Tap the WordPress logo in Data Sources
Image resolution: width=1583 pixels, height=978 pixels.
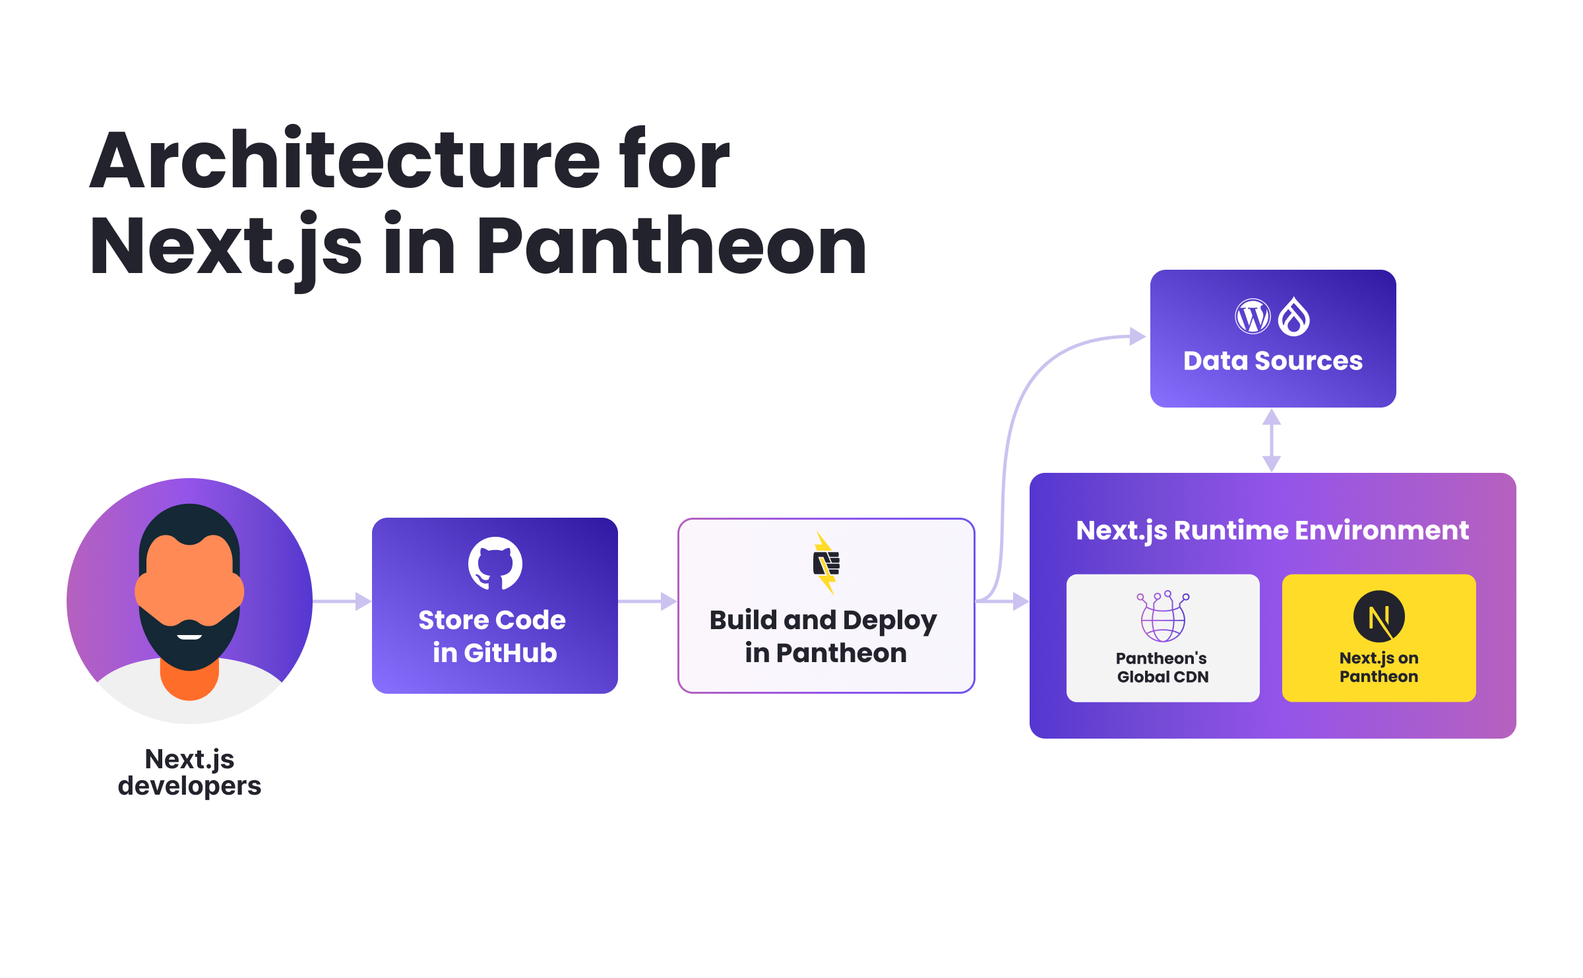(1252, 317)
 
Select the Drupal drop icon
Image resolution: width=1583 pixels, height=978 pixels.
(1294, 317)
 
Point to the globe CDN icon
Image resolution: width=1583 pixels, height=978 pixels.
(1163, 617)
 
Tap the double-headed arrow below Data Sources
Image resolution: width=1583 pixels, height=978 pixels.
(1272, 440)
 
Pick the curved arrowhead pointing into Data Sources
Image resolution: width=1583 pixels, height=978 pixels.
(1137, 336)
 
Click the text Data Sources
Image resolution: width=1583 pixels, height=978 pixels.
(1272, 361)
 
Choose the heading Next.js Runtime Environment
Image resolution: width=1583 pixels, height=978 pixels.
(1272, 530)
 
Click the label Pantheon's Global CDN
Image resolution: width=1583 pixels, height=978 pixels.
(1162, 667)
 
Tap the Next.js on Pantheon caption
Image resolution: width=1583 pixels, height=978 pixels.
(1379, 667)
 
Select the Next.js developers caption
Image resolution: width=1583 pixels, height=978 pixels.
(189, 772)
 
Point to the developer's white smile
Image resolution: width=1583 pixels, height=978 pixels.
(189, 636)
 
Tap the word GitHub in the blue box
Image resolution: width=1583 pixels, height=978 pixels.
(511, 653)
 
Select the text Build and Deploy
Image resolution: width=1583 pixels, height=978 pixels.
(823, 621)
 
